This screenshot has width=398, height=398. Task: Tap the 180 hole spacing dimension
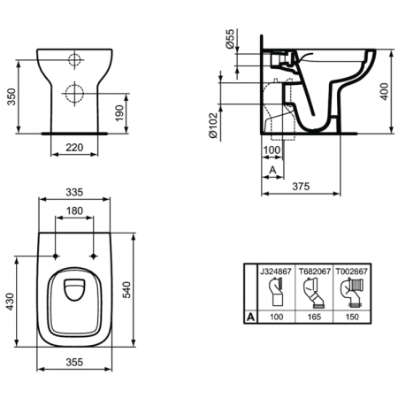pos(75,212)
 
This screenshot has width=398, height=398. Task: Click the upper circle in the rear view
pos(75,62)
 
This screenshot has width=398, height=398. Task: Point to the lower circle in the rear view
pos(75,95)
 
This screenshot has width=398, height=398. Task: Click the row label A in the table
pos(250,315)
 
